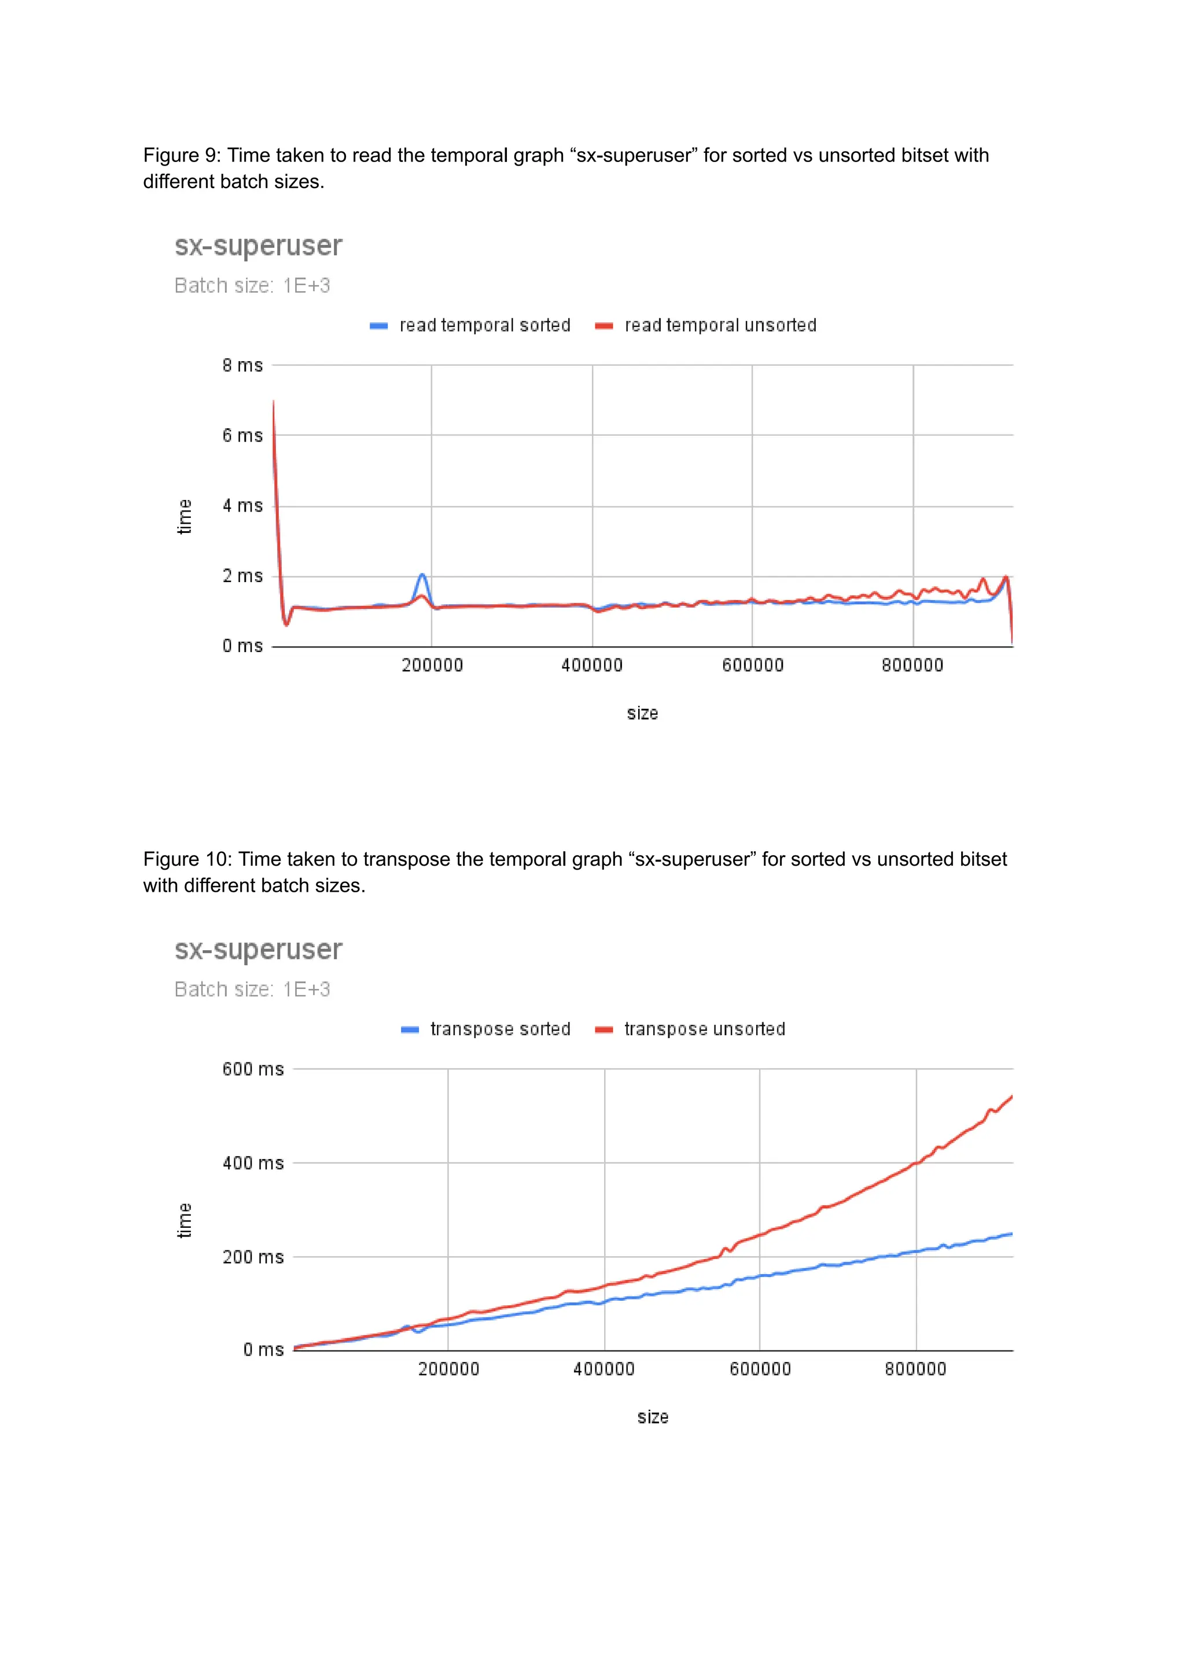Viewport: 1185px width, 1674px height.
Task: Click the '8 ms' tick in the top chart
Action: coord(242,366)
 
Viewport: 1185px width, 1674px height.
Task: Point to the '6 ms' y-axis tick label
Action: coord(242,436)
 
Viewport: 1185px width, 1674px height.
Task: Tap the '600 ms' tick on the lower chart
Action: coord(252,1069)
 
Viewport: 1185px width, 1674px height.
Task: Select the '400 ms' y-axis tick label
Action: coord(252,1163)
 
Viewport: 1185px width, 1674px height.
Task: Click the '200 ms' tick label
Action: coord(252,1257)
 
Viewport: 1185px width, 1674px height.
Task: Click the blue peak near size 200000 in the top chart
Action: coord(422,575)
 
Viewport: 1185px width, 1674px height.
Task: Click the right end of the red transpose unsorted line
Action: coord(1011,1097)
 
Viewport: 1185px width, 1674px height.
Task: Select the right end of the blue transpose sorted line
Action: coord(1011,1234)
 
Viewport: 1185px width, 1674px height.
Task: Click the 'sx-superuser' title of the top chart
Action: coord(258,246)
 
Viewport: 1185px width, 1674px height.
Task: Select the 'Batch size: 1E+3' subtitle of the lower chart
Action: coord(252,989)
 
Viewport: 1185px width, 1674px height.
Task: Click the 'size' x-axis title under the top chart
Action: coord(642,713)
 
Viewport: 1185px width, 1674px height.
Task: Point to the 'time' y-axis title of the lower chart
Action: coord(185,1221)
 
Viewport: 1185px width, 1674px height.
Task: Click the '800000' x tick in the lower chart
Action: coord(915,1370)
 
